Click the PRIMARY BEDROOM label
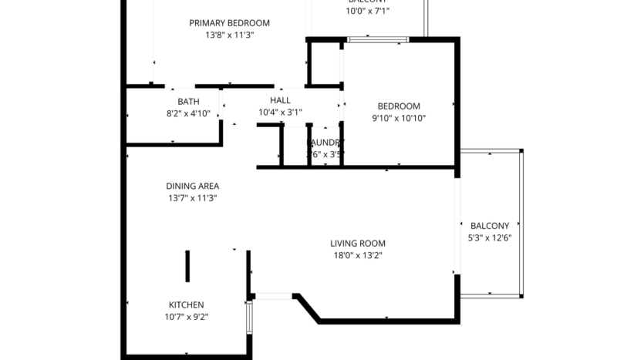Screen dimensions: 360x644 tap(229, 23)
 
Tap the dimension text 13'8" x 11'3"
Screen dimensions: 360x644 tap(229, 35)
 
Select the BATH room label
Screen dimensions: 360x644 tap(188, 102)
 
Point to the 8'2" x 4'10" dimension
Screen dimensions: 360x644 tap(188, 113)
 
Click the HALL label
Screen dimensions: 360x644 tap(280, 101)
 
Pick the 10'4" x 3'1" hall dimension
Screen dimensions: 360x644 tap(280, 113)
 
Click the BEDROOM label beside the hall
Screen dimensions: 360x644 tap(398, 106)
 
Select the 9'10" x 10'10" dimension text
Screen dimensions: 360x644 tap(398, 119)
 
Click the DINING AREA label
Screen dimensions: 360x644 tap(192, 186)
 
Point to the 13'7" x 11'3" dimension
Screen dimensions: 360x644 tap(192, 198)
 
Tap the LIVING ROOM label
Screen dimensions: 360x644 tap(357, 243)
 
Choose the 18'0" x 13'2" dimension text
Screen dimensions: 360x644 tap(357, 255)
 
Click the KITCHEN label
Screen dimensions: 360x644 tap(187, 304)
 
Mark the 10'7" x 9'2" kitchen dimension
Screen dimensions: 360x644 tap(187, 317)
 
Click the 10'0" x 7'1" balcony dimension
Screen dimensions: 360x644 tap(367, 12)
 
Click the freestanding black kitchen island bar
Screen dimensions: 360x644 tap(187, 266)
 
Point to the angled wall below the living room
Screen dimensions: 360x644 tap(308, 307)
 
